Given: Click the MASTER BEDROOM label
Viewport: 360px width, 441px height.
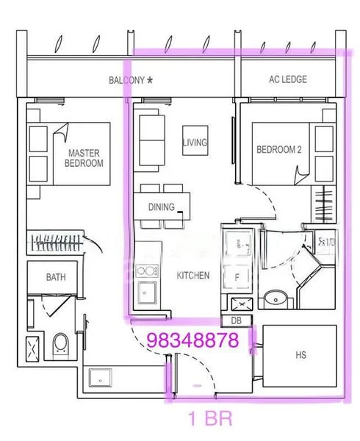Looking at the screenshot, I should pyautogui.click(x=84, y=158).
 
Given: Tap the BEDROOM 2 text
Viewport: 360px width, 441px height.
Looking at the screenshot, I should pyautogui.click(x=279, y=149).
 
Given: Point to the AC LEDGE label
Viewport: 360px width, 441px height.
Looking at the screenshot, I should pyautogui.click(x=288, y=79).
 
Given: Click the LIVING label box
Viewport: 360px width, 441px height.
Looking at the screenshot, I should pyautogui.click(x=195, y=142).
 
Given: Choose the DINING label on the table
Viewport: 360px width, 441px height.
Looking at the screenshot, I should pyautogui.click(x=161, y=207).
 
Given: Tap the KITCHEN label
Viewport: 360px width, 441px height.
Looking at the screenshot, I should pyautogui.click(x=193, y=276).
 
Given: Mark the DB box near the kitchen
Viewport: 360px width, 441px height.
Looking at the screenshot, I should pyautogui.click(x=236, y=320).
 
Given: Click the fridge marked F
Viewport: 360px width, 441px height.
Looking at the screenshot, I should pyautogui.click(x=237, y=277).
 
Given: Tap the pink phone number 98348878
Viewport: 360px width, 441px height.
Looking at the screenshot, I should pyautogui.click(x=193, y=341).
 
